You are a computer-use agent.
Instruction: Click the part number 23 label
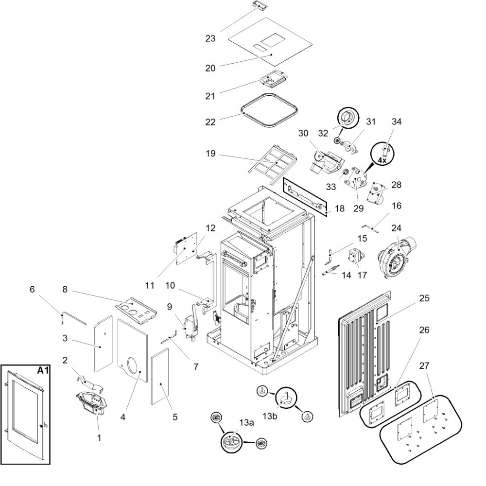coord(210,37)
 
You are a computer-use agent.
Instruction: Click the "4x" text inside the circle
coord(383,160)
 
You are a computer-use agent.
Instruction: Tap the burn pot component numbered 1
coord(91,402)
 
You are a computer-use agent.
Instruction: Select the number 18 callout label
coord(340,208)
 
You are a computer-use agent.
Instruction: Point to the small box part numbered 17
coord(355,256)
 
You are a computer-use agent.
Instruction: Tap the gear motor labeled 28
coord(376,193)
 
